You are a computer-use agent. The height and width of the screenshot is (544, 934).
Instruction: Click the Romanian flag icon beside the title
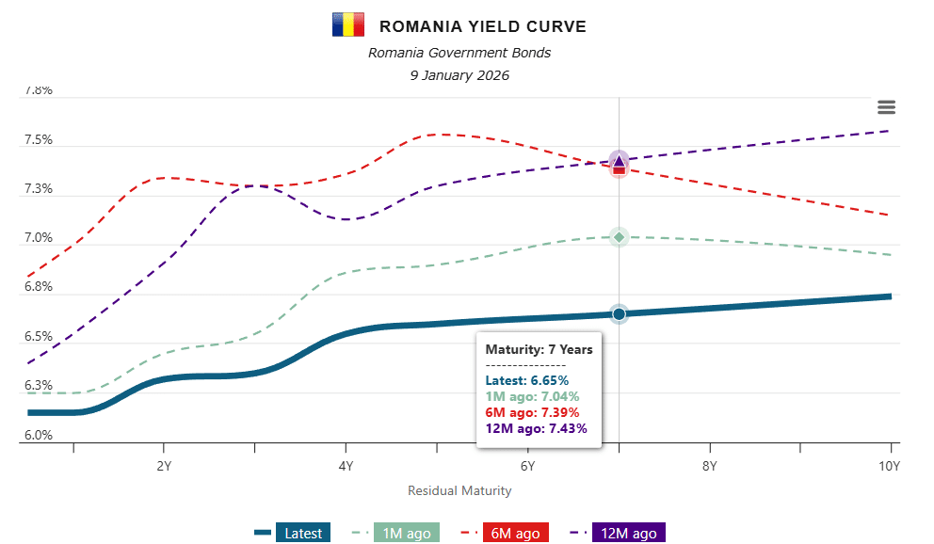(347, 25)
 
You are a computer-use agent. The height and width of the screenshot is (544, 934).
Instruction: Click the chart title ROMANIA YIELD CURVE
(482, 26)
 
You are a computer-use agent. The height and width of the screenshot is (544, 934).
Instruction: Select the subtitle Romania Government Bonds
(459, 53)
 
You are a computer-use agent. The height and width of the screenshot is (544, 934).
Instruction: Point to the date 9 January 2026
(459, 75)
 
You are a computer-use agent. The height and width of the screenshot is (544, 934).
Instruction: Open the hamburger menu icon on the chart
(886, 108)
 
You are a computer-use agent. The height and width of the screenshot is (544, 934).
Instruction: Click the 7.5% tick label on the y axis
(39, 140)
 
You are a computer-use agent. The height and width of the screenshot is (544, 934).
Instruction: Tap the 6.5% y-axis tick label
(39, 337)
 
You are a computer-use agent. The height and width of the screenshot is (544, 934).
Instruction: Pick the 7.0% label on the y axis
(39, 238)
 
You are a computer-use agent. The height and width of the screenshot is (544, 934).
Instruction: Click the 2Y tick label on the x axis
(164, 466)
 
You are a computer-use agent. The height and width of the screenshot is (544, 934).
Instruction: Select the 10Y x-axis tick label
(890, 466)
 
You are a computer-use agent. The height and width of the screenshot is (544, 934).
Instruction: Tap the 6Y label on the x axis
(528, 466)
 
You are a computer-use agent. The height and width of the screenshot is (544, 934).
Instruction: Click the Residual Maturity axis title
(459, 490)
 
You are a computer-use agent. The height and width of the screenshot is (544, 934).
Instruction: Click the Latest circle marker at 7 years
(619, 313)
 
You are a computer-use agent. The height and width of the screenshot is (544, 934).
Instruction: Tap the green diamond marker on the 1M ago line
(619, 236)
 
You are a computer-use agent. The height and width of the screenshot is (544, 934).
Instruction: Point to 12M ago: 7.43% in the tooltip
(536, 428)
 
